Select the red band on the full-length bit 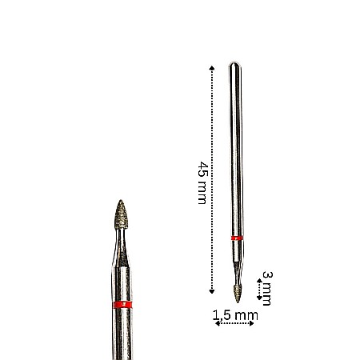point(236,238)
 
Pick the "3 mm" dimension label point(267,288)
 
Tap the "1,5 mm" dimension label point(236,315)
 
